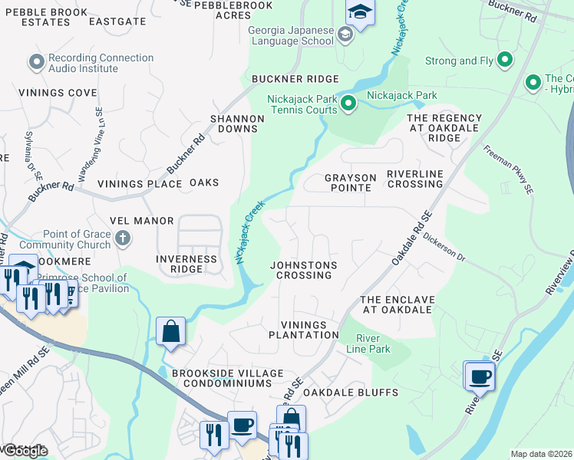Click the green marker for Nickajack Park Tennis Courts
(x=348, y=103)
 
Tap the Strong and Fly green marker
(x=505, y=60)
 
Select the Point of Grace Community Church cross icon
(x=122, y=238)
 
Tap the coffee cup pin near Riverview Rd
(x=481, y=376)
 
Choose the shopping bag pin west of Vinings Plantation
(x=171, y=332)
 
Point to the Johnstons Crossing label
(x=304, y=270)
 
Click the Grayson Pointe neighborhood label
(x=350, y=182)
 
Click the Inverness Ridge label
(x=186, y=264)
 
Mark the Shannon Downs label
(x=238, y=123)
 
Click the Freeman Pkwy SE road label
(x=508, y=168)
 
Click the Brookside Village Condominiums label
(x=222, y=378)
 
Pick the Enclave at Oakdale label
(x=398, y=304)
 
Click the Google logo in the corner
(x=25, y=451)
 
